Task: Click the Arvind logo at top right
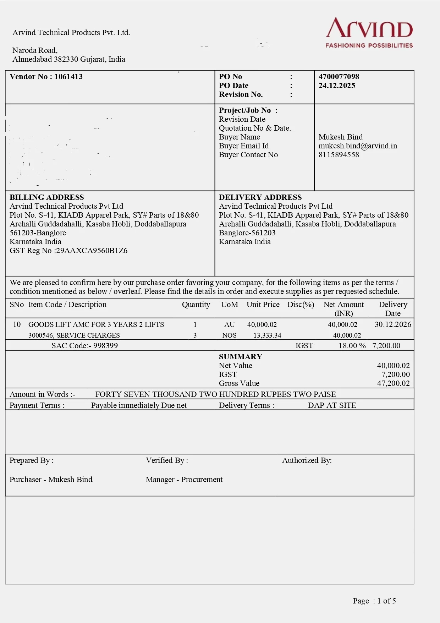tap(369, 32)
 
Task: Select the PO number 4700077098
tap(339, 77)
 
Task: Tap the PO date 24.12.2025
tap(337, 86)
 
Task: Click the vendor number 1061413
tap(68, 77)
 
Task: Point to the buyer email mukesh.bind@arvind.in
tap(358, 146)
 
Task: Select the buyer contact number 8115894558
tap(339, 155)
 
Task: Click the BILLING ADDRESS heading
tap(46, 197)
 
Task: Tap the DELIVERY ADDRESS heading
tap(260, 197)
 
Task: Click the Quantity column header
tap(196, 305)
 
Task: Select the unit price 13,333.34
tap(267, 335)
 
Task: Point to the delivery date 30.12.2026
tap(393, 324)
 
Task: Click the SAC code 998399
tap(105, 346)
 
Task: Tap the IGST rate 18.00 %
tap(352, 346)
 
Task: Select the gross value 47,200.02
tap(393, 383)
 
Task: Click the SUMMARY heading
tap(240, 357)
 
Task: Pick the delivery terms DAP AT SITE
tap(332, 405)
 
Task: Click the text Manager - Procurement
tap(184, 480)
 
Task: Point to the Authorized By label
tap(307, 460)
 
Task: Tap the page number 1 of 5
tap(386, 601)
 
